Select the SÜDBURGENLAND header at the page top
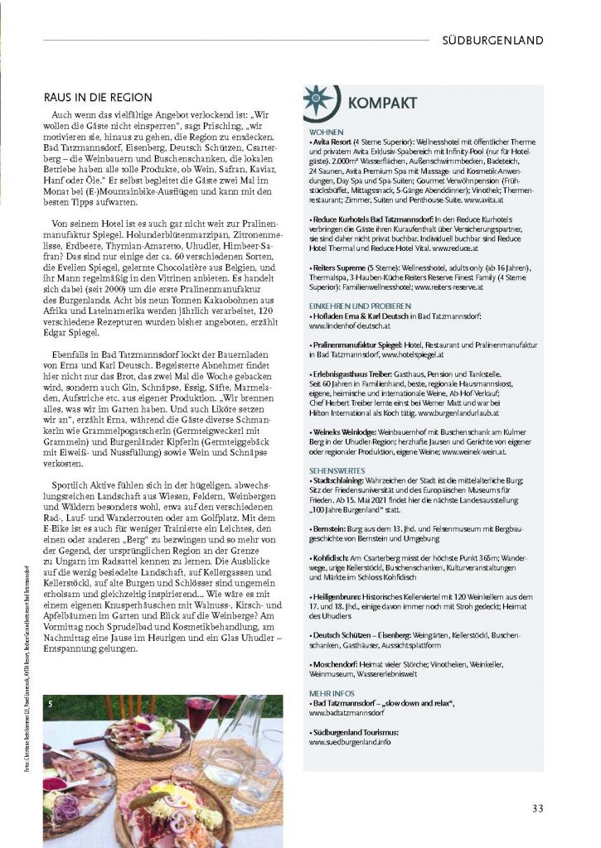click(492, 40)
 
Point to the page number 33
click(538, 809)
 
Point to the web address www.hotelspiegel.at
click(415, 354)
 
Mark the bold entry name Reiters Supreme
click(338, 268)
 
